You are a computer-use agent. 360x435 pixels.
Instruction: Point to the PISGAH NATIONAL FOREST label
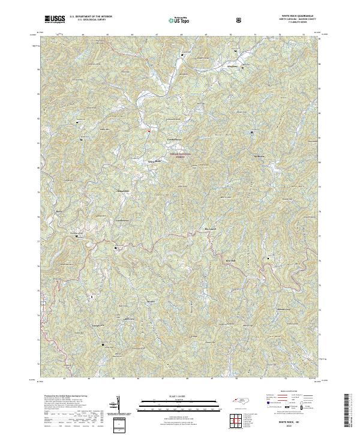point(180,155)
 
